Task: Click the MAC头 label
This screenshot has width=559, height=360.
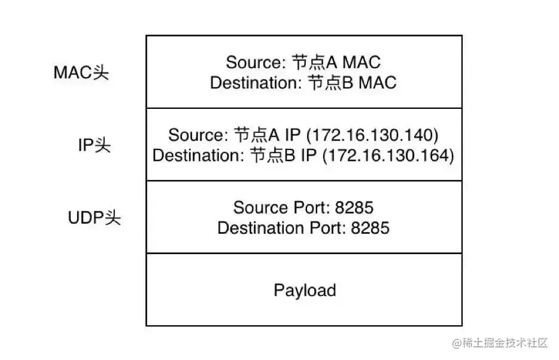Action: click(x=81, y=72)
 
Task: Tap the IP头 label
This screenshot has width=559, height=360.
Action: click(x=94, y=145)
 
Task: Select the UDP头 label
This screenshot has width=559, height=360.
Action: click(x=94, y=218)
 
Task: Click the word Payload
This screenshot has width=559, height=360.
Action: click(x=305, y=291)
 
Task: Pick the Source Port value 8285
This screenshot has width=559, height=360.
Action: click(x=354, y=208)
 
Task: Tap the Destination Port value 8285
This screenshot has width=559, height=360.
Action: click(x=370, y=228)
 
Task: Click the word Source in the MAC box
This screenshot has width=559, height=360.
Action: click(x=254, y=62)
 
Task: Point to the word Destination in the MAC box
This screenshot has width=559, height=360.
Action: click(x=253, y=83)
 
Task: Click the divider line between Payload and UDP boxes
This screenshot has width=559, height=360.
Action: click(x=304, y=253)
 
